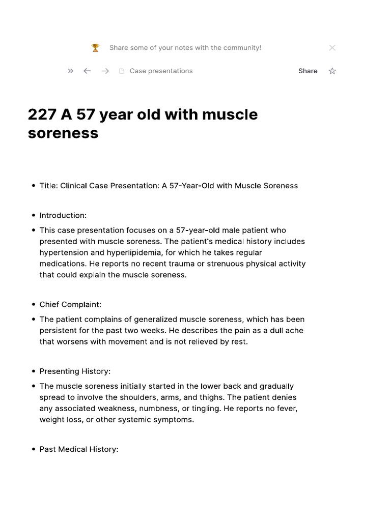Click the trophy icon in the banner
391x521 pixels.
point(95,48)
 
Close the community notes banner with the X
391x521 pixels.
point(332,48)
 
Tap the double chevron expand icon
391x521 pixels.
point(70,71)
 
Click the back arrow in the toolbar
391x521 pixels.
point(87,71)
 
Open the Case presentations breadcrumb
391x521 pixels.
point(161,71)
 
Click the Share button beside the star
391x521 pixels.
point(308,71)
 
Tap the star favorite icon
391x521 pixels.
point(332,71)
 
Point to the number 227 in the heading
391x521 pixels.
point(42,114)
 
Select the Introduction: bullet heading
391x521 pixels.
point(63,215)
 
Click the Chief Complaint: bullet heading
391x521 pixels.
point(70,304)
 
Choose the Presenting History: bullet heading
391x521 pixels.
point(75,371)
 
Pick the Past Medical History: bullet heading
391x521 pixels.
point(79,449)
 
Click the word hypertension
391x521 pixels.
point(63,253)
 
